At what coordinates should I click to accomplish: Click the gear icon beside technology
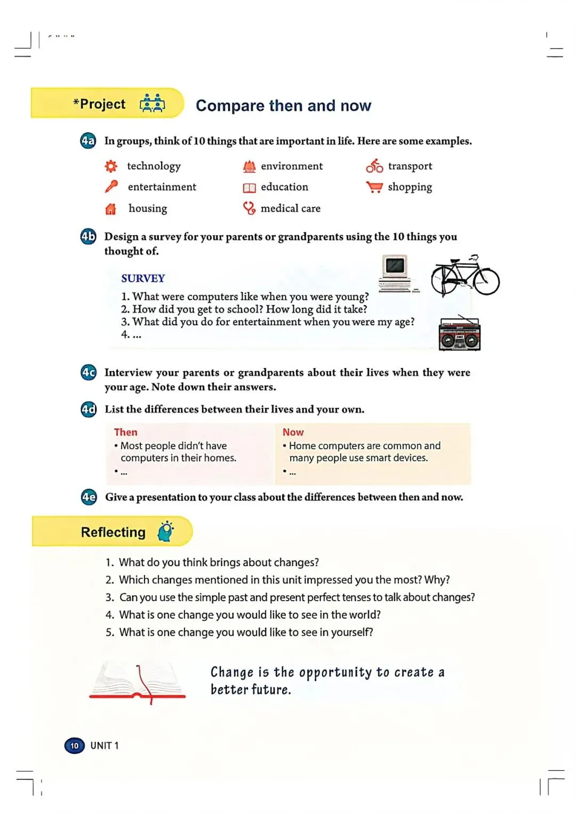tap(111, 166)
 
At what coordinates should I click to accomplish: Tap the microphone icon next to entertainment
tap(111, 186)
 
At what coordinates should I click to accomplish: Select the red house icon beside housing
tap(110, 209)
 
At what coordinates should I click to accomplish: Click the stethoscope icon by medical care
tap(249, 208)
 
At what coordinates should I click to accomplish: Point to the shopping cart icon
tap(374, 187)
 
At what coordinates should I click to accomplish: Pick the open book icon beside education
tap(249, 188)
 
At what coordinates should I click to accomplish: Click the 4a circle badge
tap(88, 141)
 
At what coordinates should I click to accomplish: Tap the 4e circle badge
tap(89, 497)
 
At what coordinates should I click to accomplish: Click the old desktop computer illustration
tap(398, 274)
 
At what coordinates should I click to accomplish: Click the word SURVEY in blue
tap(143, 278)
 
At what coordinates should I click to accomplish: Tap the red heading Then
tap(126, 432)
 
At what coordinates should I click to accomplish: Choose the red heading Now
tap(293, 432)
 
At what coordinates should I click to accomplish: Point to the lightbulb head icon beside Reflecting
tap(166, 531)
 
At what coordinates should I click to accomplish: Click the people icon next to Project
tap(153, 103)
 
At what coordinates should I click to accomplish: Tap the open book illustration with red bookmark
tap(138, 682)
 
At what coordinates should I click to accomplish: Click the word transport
tap(410, 166)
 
